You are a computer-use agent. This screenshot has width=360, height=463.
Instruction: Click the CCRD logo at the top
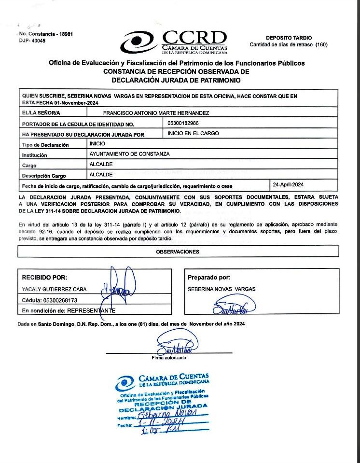click(x=174, y=42)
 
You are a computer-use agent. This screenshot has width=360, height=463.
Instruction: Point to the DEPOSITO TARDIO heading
click(x=289, y=38)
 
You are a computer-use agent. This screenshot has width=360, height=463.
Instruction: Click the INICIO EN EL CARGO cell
click(x=193, y=133)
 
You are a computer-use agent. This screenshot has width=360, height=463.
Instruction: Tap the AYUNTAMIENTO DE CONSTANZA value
click(x=130, y=154)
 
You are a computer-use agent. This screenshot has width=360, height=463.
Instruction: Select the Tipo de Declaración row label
click(x=45, y=145)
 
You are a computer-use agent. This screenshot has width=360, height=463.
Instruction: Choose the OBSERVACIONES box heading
click(x=178, y=252)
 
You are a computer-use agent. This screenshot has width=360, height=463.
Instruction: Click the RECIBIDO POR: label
click(x=45, y=278)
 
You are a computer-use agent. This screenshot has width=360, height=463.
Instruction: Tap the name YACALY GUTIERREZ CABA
click(x=54, y=289)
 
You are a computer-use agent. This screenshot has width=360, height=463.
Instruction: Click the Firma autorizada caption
click(x=168, y=358)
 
